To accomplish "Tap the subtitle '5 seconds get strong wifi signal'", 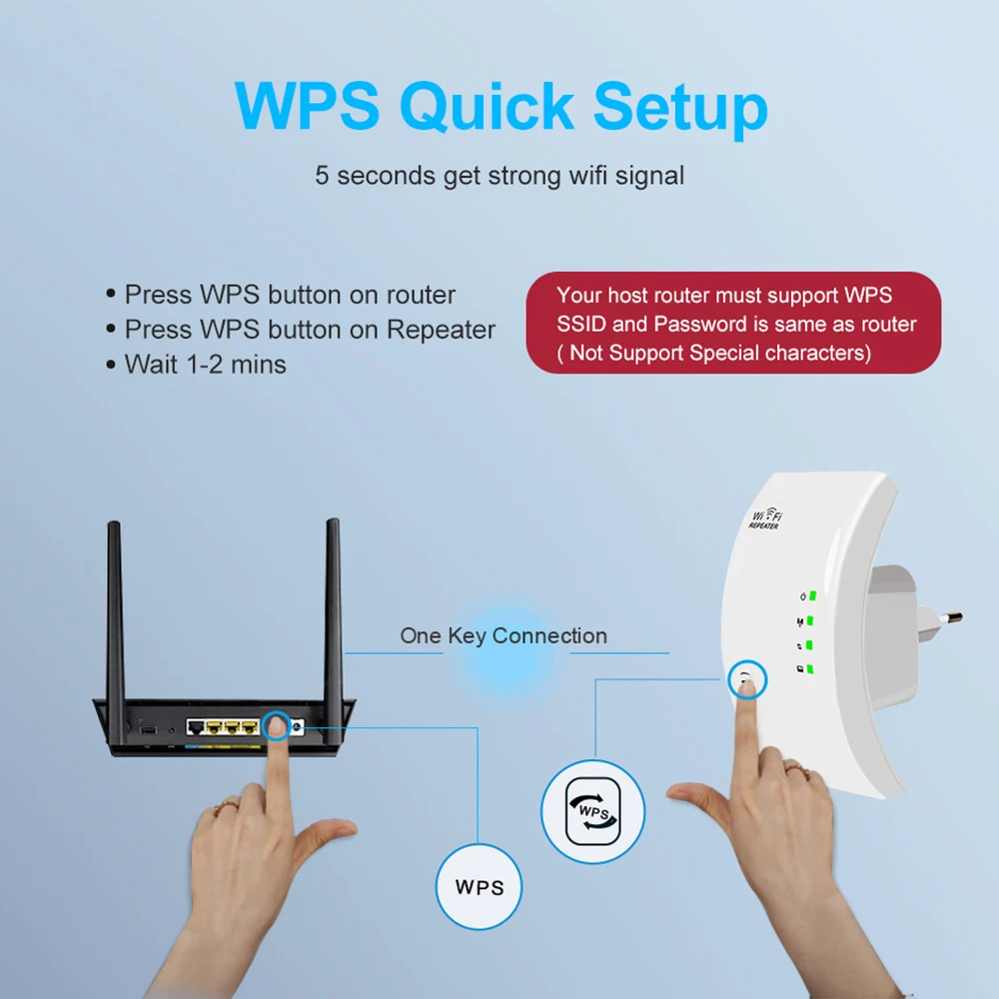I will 499,176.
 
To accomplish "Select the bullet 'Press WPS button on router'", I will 290,295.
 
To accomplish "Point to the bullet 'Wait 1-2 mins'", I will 205,365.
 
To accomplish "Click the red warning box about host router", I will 733,323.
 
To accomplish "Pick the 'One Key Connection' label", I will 503,635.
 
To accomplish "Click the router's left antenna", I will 115,609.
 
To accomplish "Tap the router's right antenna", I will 334,609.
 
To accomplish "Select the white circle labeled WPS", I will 480,886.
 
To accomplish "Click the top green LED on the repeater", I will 813,596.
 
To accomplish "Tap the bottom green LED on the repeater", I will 813,668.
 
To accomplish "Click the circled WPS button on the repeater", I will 745,681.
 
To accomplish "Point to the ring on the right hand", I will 794,768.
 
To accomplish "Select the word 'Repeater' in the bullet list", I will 441,330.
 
